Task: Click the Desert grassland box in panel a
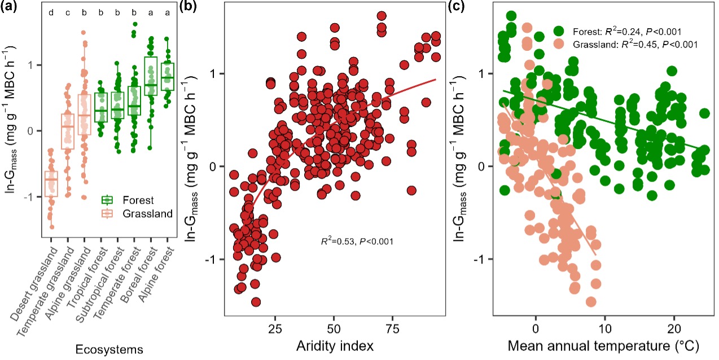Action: (x=51, y=183)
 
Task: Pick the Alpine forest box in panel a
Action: (x=167, y=77)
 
